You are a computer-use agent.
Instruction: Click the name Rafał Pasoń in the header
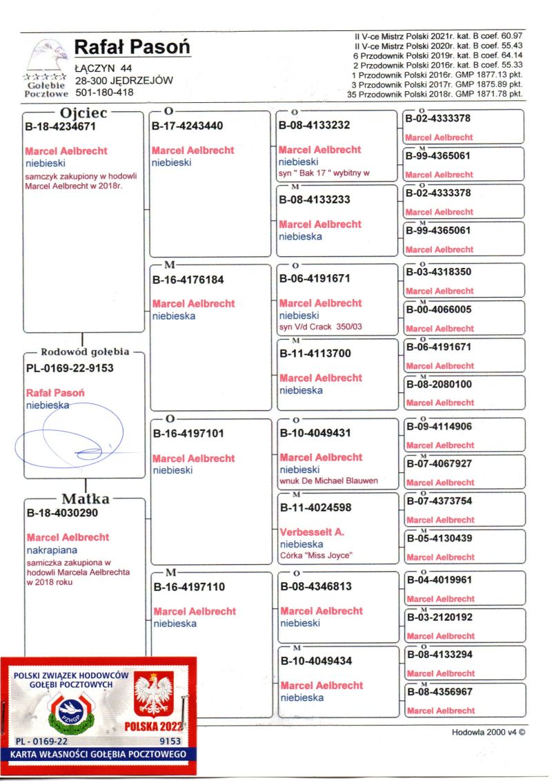[x=132, y=47]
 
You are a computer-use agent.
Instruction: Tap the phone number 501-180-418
[x=103, y=92]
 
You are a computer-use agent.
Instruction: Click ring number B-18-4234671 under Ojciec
[x=60, y=126]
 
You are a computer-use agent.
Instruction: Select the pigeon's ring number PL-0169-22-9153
[x=70, y=368]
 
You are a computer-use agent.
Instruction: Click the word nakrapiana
[x=52, y=550]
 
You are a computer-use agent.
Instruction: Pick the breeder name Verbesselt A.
[x=312, y=532]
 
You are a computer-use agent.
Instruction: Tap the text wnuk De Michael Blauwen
[x=328, y=481]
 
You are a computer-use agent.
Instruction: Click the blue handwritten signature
[x=69, y=436]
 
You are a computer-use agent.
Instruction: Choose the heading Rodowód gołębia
[x=85, y=351]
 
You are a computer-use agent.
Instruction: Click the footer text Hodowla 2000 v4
[x=484, y=733]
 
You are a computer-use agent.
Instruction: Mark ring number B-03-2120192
[x=440, y=617]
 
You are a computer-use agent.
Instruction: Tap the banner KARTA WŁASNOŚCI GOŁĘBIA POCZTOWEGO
[x=98, y=754]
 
